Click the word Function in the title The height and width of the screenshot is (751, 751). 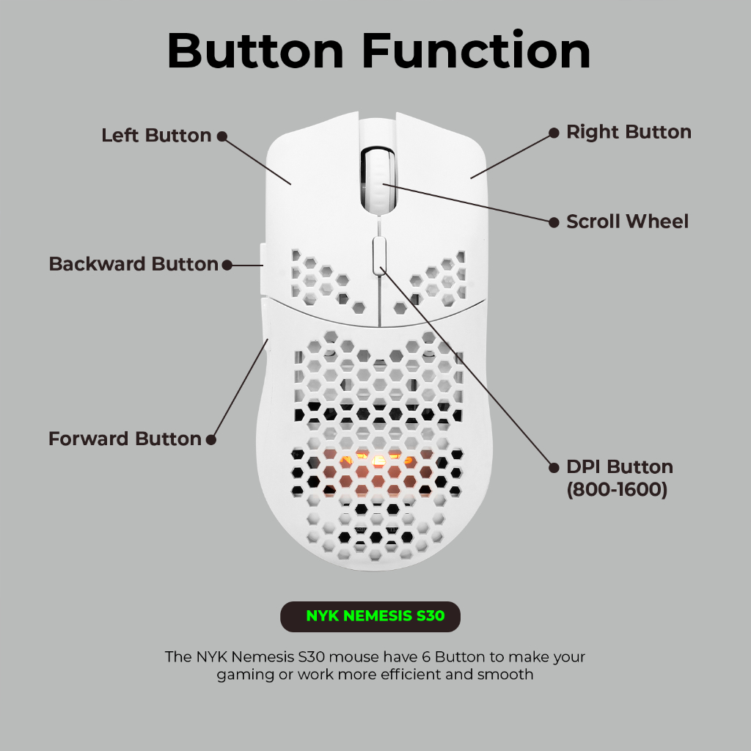point(476,51)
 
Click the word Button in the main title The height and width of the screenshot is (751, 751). point(255,51)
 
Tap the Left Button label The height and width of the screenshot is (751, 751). point(157,136)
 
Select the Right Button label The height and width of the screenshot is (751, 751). point(629,132)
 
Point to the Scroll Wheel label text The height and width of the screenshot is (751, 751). point(628,221)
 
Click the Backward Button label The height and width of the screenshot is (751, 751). point(133,264)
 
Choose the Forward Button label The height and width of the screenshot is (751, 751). point(125,439)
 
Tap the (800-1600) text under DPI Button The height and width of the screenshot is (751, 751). point(617,489)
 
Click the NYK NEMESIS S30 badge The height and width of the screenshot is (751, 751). point(370,616)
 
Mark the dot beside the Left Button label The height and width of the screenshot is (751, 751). point(221,136)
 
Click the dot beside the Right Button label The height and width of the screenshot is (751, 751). point(554,133)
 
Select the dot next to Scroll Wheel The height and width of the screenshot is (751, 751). point(554,222)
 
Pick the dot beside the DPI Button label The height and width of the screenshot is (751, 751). point(554,467)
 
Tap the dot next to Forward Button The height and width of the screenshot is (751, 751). point(210,439)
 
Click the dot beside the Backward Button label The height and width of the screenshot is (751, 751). point(227,265)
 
